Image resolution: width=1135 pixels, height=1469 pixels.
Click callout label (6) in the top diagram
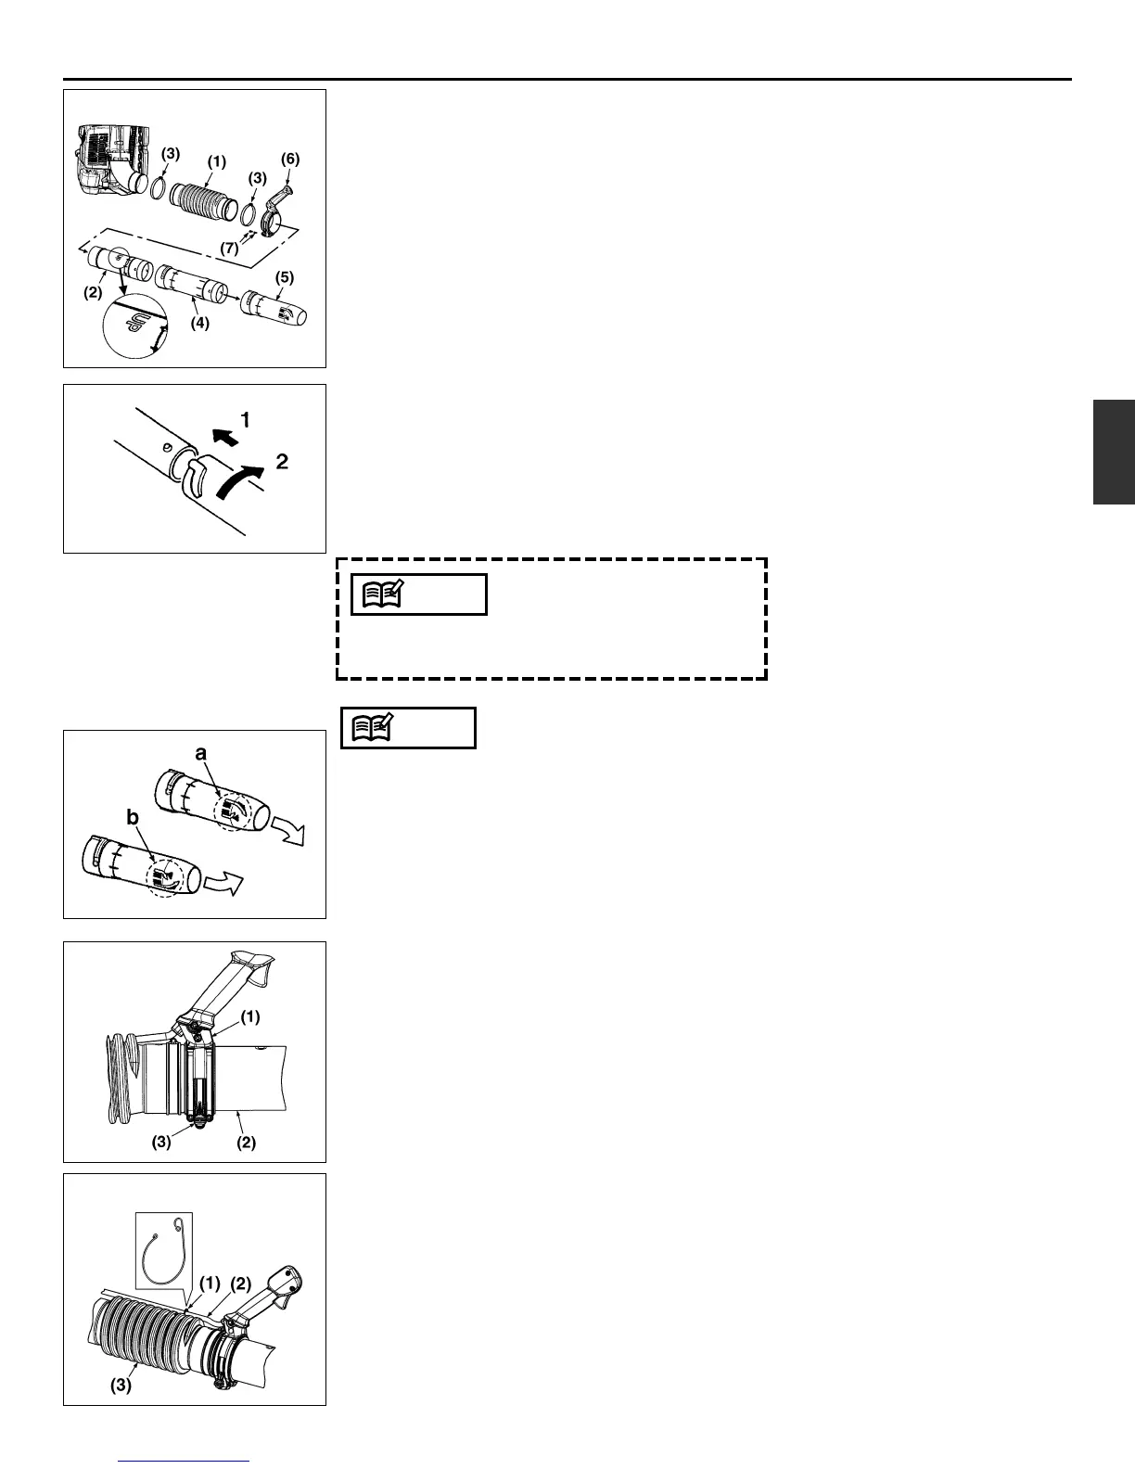pyautogui.click(x=290, y=160)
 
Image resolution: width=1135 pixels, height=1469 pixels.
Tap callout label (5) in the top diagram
pyautogui.click(x=286, y=277)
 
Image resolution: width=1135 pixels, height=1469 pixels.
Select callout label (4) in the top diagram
pyautogui.click(x=200, y=324)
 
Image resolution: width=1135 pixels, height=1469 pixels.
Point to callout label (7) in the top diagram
pyautogui.click(x=229, y=248)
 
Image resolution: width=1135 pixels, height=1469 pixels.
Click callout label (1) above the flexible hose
pyautogui.click(x=216, y=160)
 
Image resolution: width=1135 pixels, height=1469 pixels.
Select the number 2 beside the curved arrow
pyautogui.click(x=282, y=461)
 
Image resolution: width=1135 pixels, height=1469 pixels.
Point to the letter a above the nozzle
pyautogui.click(x=199, y=756)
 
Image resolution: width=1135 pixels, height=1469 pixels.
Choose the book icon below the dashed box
pyautogui.click(x=368, y=728)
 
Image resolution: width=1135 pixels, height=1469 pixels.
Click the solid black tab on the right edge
pyautogui.click(x=1114, y=452)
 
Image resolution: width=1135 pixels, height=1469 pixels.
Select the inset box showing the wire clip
pyautogui.click(x=164, y=1249)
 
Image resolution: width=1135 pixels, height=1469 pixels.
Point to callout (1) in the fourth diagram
pyautogui.click(x=249, y=1016)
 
